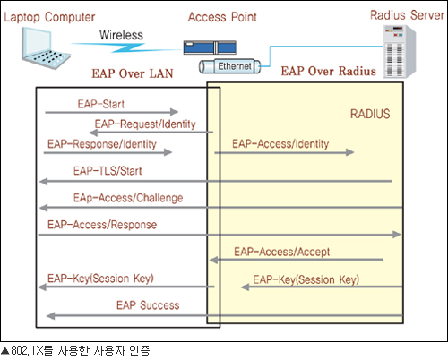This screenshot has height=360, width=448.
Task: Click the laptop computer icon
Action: click(x=46, y=47)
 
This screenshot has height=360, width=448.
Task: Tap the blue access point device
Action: click(x=210, y=47)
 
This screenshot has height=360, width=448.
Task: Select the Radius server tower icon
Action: click(x=400, y=52)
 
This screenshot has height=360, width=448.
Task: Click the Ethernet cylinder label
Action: click(x=229, y=66)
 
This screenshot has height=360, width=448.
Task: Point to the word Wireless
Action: click(x=121, y=35)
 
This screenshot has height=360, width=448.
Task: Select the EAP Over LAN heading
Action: click(x=133, y=73)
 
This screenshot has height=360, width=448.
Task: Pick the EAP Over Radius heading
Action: click(x=328, y=71)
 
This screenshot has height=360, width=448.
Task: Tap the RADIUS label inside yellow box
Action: click(x=370, y=114)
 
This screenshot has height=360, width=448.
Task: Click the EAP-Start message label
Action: click(x=101, y=104)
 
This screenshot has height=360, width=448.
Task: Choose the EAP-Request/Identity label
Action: click(x=145, y=124)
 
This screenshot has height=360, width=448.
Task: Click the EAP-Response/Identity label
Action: click(x=102, y=144)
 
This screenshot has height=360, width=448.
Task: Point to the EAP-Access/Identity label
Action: click(x=280, y=143)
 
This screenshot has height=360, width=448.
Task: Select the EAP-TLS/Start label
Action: click(x=108, y=171)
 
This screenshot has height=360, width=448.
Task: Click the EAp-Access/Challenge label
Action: click(x=128, y=198)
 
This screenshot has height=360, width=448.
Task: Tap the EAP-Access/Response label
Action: click(x=102, y=225)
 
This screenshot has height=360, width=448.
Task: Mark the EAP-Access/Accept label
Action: click(x=281, y=252)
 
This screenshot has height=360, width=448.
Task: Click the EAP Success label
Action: click(x=148, y=305)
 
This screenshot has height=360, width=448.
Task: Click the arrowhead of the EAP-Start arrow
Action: click(x=175, y=112)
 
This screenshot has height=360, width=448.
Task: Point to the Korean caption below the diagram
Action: click(x=75, y=351)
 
